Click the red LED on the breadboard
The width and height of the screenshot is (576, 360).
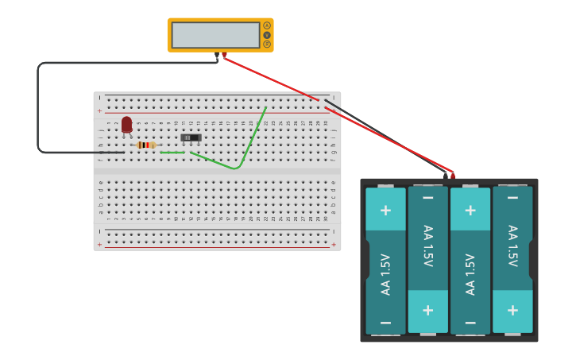click(x=126, y=125)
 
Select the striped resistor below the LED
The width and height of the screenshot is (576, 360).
click(x=145, y=145)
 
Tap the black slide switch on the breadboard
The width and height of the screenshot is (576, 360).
click(x=191, y=137)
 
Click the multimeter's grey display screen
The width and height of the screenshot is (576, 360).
click(x=215, y=35)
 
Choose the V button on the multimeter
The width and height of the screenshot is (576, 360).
click(x=267, y=35)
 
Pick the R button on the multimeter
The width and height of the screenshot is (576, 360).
click(x=267, y=44)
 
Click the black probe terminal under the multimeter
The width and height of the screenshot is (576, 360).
click(x=217, y=56)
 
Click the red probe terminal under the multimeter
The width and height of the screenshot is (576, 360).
click(x=224, y=56)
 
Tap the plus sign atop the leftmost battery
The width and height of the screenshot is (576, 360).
click(x=385, y=210)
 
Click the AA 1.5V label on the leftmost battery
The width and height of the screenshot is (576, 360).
click(x=385, y=274)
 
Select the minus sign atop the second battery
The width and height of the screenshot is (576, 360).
click(x=428, y=197)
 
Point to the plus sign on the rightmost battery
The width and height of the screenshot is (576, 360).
click(x=512, y=309)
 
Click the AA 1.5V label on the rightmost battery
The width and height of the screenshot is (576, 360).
click(x=512, y=246)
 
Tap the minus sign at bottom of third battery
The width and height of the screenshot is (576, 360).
click(x=470, y=323)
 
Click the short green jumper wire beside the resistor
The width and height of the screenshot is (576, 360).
click(x=172, y=152)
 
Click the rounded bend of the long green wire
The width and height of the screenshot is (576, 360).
click(x=236, y=168)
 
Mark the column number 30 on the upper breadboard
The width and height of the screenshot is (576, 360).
click(x=326, y=122)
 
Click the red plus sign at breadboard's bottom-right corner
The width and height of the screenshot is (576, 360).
click(x=333, y=244)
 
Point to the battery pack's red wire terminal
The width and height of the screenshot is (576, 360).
click(x=453, y=175)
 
